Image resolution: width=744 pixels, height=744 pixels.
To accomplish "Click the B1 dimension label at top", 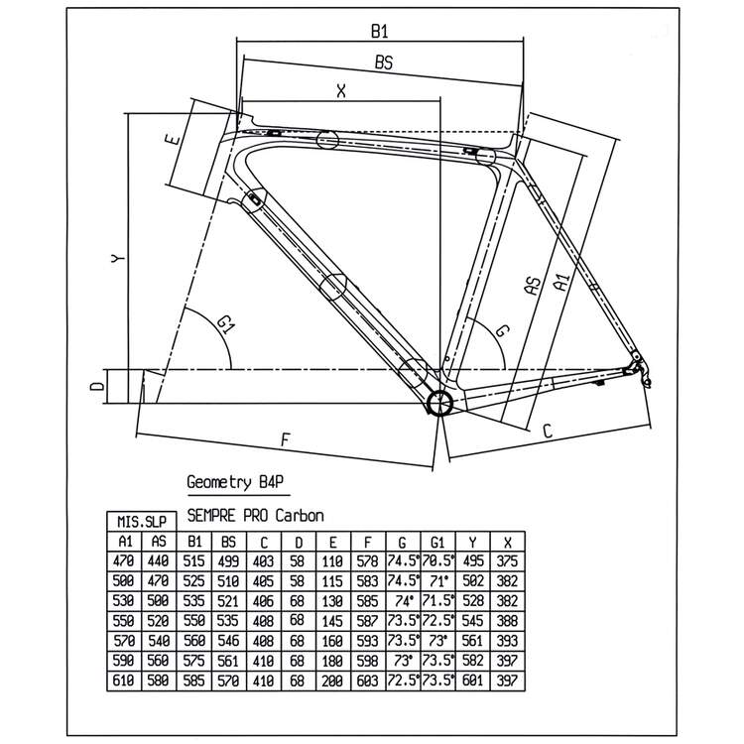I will click(378, 31).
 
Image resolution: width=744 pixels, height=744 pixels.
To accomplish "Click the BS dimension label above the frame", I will click(384, 62).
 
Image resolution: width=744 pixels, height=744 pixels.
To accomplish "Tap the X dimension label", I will click(340, 90).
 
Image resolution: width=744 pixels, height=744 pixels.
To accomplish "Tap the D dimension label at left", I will click(95, 385).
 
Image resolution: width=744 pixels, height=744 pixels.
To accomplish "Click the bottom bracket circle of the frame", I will click(438, 402).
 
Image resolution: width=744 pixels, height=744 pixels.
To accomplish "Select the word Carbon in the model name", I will click(301, 516).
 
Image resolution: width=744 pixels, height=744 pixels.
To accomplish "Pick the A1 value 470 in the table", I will click(124, 560).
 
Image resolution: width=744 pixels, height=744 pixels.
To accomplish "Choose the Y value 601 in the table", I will click(474, 680).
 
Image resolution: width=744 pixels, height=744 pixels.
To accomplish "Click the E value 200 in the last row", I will click(333, 680).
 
